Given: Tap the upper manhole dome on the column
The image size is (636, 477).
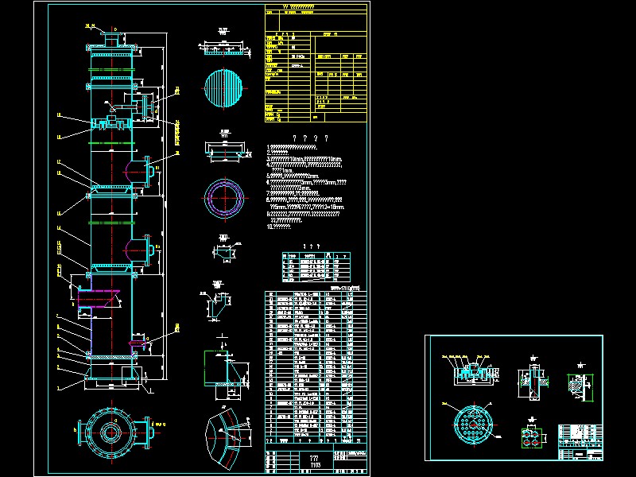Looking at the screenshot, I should click(137, 170).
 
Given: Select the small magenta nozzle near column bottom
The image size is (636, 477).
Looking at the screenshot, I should click(140, 343).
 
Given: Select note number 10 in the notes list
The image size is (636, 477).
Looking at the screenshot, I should click(279, 227).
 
